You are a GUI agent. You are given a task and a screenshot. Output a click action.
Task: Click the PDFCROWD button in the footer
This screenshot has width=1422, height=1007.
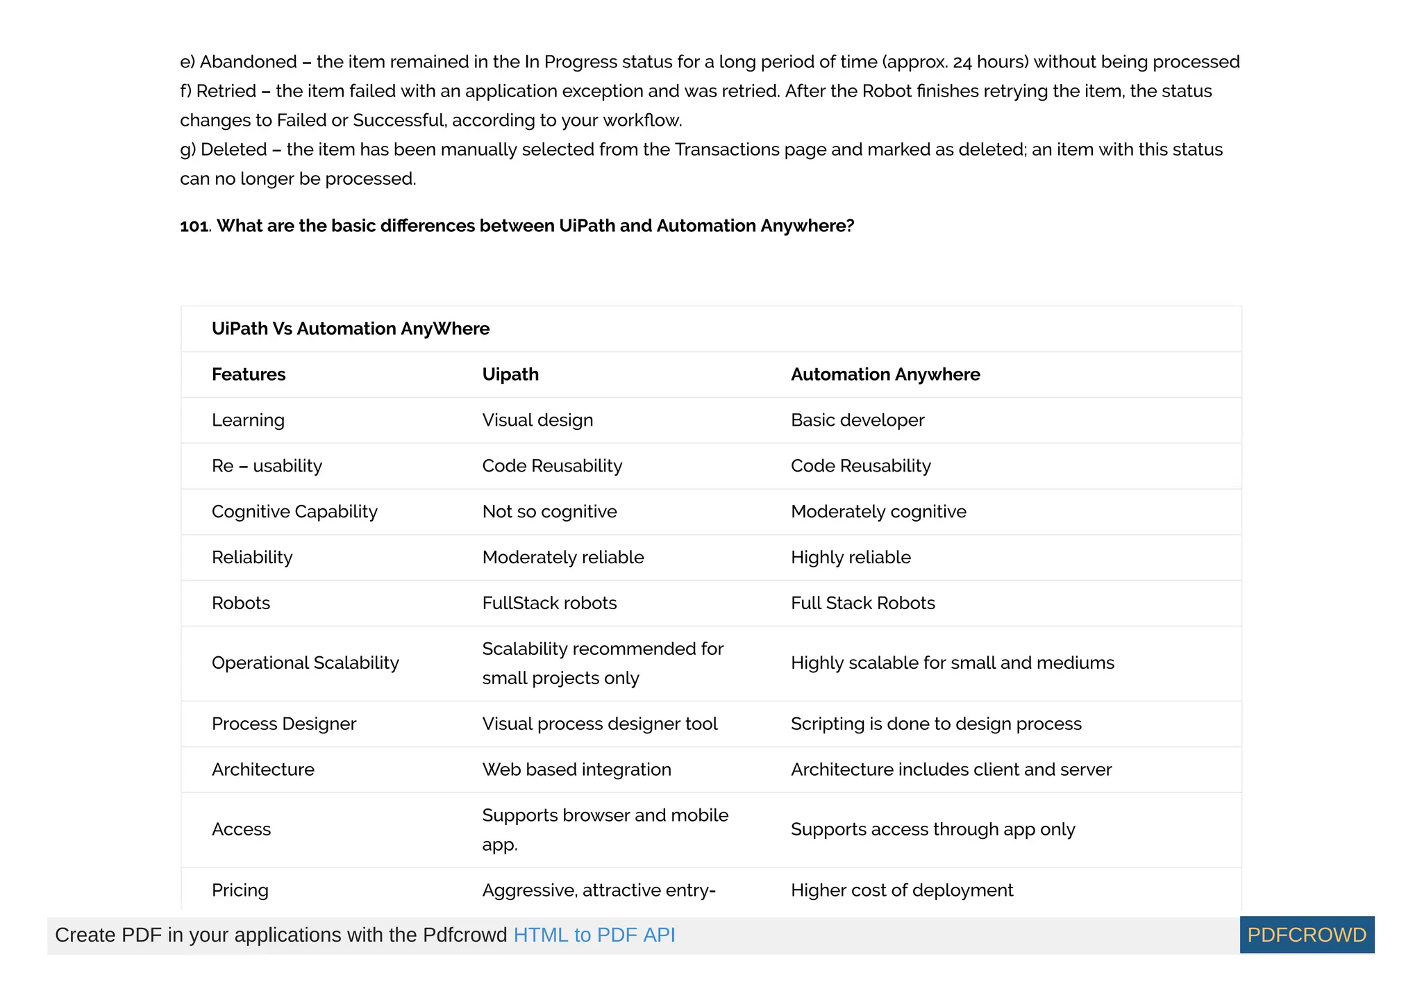[x=1306, y=935]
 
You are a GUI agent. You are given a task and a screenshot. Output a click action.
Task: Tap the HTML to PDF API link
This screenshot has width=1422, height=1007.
[x=594, y=935]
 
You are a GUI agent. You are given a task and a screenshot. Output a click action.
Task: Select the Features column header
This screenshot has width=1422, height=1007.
[x=249, y=374]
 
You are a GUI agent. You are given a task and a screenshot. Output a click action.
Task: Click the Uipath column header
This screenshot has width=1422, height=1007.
[x=510, y=374]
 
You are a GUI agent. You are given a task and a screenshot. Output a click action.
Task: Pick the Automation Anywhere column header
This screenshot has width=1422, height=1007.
[x=885, y=374]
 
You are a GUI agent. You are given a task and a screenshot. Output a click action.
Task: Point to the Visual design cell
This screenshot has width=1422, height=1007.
[x=537, y=420]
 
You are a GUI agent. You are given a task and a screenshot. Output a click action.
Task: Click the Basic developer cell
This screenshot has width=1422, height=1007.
[x=858, y=420]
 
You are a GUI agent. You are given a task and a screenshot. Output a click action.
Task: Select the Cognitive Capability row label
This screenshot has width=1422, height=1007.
[x=294, y=512]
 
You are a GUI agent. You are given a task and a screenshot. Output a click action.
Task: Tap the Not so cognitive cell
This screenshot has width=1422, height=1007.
[x=549, y=512]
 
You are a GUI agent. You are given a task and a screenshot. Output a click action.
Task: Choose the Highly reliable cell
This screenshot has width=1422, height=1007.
[x=851, y=558]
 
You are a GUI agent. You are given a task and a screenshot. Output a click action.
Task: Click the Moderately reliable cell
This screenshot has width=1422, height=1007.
[x=563, y=558]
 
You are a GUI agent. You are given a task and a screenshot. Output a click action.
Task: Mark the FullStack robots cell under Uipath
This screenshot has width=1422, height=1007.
[x=549, y=603]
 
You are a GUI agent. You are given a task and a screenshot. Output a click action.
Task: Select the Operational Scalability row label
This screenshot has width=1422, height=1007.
[x=306, y=663]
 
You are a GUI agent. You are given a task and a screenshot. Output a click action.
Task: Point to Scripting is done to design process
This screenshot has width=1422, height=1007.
[x=936, y=724]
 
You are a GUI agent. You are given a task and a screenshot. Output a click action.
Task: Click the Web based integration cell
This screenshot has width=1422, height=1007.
[x=576, y=769]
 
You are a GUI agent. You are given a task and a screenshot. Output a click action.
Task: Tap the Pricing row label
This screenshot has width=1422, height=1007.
[x=240, y=890]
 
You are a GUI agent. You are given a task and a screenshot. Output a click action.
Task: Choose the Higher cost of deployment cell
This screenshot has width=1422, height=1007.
[x=902, y=890]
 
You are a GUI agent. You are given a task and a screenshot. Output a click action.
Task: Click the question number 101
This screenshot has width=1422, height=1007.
[x=194, y=226]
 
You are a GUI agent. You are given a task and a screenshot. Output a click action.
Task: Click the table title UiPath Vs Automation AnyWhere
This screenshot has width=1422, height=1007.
[x=351, y=328]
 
